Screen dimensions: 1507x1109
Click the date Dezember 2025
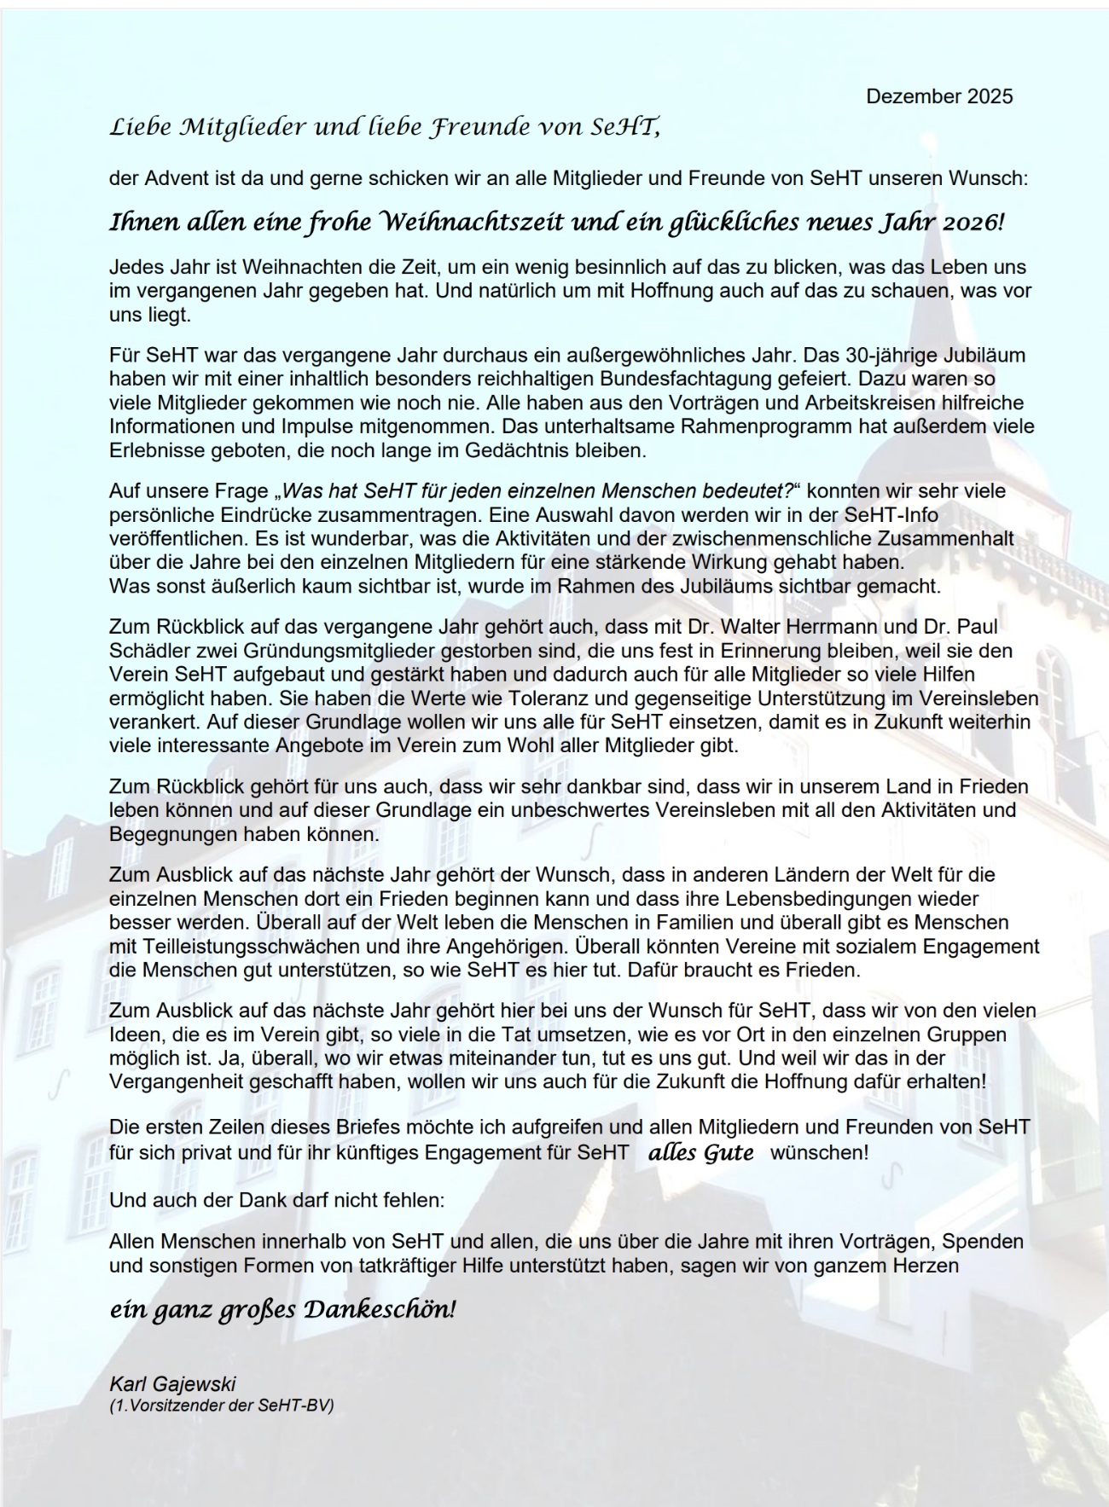[x=939, y=96]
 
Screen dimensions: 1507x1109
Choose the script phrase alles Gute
[x=701, y=1153]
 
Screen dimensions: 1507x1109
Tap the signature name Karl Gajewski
[x=172, y=1383]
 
